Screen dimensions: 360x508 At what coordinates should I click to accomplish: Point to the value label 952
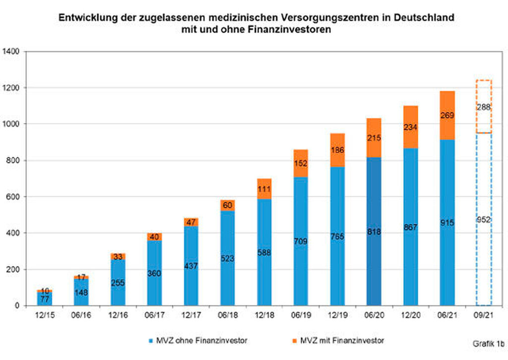483,220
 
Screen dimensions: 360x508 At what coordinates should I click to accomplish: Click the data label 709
301,242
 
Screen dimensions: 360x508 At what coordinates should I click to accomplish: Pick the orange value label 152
301,164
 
